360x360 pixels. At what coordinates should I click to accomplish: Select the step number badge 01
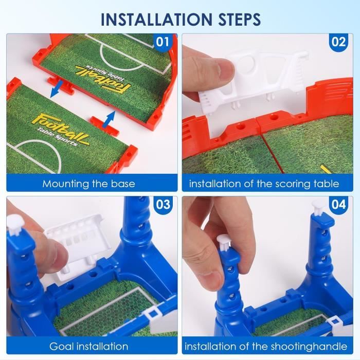163,42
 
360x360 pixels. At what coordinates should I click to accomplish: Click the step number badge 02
338,42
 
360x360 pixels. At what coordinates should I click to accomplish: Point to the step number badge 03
163,204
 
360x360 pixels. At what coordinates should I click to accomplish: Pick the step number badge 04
338,204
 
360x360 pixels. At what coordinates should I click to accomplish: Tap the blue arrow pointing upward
109,120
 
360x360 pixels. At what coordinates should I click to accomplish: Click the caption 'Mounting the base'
89,184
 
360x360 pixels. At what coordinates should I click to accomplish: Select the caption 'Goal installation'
89,347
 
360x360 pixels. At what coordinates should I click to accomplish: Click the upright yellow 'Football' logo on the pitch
60,129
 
